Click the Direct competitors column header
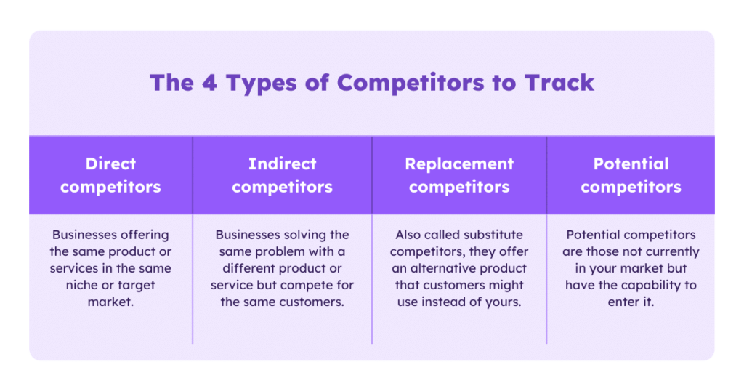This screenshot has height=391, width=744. [x=110, y=175]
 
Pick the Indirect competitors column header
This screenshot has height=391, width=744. [x=282, y=175]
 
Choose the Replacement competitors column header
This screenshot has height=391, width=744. [x=459, y=175]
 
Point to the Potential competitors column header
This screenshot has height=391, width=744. [x=631, y=175]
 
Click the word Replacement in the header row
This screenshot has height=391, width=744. [x=459, y=164]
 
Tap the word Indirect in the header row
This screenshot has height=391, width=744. [x=282, y=164]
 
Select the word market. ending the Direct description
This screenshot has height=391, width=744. [x=110, y=302]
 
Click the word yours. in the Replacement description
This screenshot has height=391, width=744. [x=504, y=302]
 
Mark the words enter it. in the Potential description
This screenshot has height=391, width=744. [x=631, y=302]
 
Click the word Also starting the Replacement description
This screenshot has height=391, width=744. [x=409, y=235]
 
